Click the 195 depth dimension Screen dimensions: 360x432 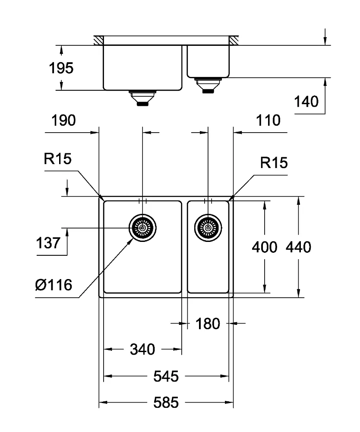coord(61,68)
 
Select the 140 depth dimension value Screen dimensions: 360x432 coord(306,102)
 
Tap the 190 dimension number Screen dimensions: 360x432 coord(63,121)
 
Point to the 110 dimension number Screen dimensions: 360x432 coord(268,121)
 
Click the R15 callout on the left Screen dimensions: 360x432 coord(57,159)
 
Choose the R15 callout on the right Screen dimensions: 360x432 coord(274,163)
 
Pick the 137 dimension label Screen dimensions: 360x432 coord(48,243)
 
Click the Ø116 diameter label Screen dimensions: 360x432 coord(54,285)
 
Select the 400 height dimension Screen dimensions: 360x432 coord(265,247)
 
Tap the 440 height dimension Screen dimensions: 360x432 coord(298,247)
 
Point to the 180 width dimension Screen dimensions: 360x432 coord(208,324)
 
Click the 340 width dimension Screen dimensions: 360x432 coord(142,349)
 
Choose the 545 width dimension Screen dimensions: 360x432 coord(166,376)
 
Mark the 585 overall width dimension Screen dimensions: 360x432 coord(166,403)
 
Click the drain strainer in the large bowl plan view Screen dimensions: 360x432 coord(142,228)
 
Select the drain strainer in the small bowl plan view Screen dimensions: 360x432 coord(208,228)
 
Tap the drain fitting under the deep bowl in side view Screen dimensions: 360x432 coord(142,98)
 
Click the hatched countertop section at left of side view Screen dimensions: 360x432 coord(98,40)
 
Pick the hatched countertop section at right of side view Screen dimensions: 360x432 coord(234,40)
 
